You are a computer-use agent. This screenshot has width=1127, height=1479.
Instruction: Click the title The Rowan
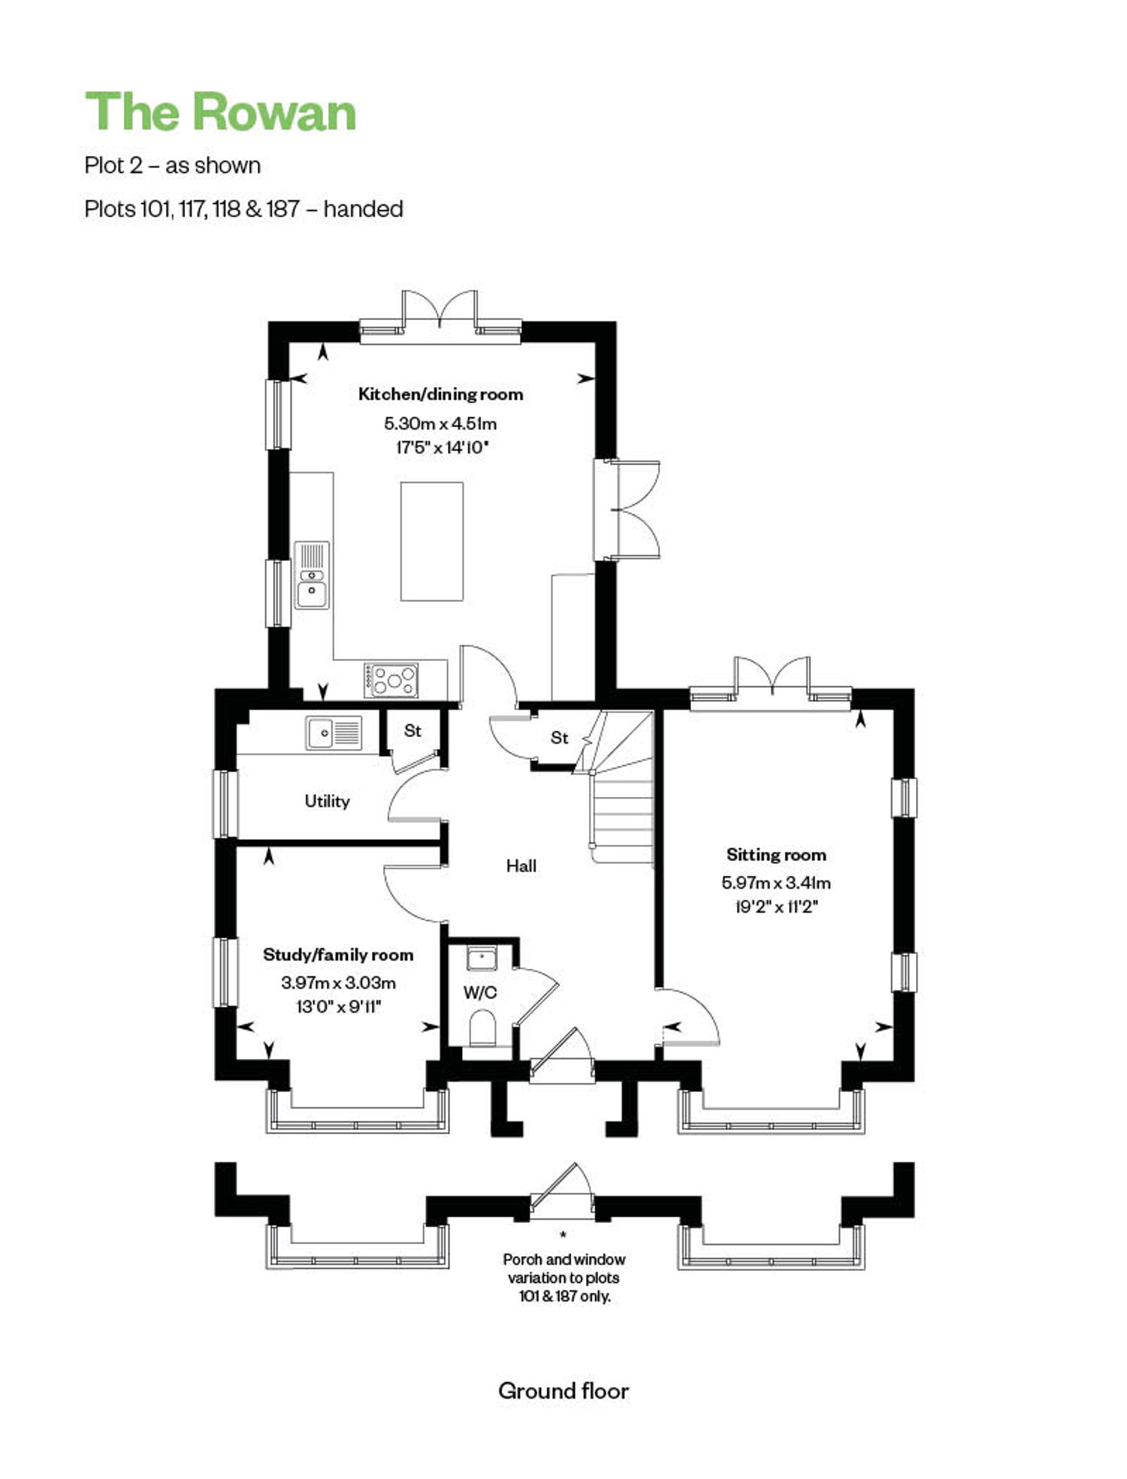pyautogui.click(x=220, y=113)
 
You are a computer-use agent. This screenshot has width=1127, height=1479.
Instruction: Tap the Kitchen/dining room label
pyautogui.click(x=440, y=394)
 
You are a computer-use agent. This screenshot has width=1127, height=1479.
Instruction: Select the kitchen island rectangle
pyautogui.click(x=431, y=542)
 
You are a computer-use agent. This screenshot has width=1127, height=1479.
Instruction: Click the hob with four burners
pyautogui.click(x=391, y=680)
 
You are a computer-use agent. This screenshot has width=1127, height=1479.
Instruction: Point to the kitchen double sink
pyautogui.click(x=312, y=575)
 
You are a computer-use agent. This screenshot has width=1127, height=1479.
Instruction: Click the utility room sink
pyautogui.click(x=334, y=732)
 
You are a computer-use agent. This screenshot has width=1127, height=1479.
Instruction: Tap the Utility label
pyautogui.click(x=327, y=801)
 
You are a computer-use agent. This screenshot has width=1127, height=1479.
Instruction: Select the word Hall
pyautogui.click(x=521, y=866)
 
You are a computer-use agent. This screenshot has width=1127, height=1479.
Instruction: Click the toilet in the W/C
pyautogui.click(x=482, y=1028)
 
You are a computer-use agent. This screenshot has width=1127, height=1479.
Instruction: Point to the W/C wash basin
pyautogui.click(x=482, y=958)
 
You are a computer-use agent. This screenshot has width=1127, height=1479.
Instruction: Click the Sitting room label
pyautogui.click(x=776, y=855)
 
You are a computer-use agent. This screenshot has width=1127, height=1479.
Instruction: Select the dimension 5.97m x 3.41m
pyautogui.click(x=776, y=883)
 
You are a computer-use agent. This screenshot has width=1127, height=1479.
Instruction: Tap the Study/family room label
pyautogui.click(x=338, y=955)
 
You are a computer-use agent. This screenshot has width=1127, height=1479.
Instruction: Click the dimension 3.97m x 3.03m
pyautogui.click(x=338, y=982)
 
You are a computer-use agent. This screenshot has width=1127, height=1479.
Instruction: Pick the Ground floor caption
pyautogui.click(x=563, y=1392)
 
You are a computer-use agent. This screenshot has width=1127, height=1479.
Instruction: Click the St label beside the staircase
pyautogui.click(x=559, y=738)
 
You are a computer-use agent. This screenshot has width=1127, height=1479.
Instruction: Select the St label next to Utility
pyautogui.click(x=412, y=730)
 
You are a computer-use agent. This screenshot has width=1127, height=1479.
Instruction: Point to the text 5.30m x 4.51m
pyautogui.click(x=440, y=424)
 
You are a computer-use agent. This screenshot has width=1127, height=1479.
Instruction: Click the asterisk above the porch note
pyautogui.click(x=563, y=1234)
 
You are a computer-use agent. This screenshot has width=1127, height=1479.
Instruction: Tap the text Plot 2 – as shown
pyautogui.click(x=173, y=165)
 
